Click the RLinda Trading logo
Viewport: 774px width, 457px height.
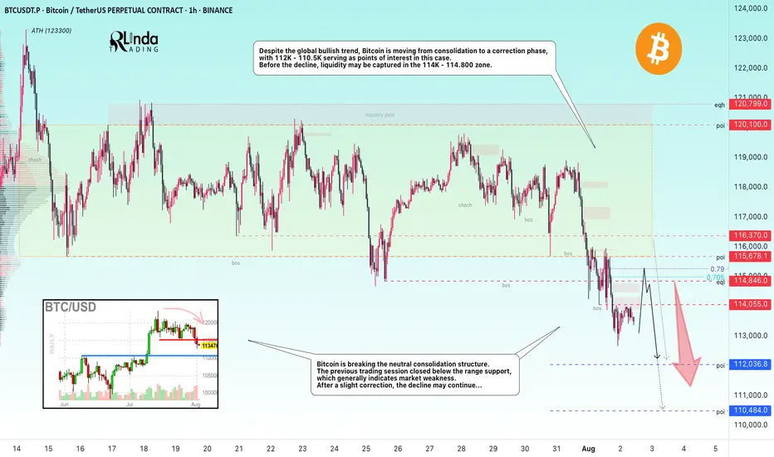[134, 47]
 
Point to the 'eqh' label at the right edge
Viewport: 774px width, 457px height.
[719, 105]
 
